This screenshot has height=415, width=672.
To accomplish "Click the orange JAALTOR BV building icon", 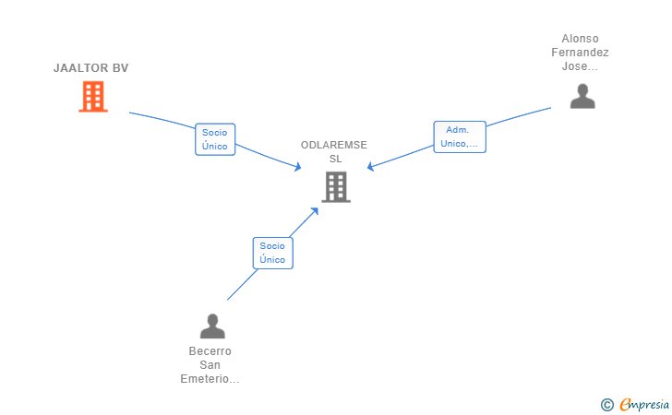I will pyautogui.click(x=92, y=96).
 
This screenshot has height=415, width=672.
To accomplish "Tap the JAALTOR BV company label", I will pyautogui.click(x=90, y=68).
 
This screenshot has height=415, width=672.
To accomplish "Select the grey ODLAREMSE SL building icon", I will pyautogui.click(x=335, y=187).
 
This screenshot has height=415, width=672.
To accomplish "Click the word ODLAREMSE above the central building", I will pyautogui.click(x=334, y=145).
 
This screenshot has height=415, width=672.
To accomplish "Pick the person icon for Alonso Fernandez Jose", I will pyautogui.click(x=582, y=96).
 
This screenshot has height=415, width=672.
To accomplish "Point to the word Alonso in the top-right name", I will pyautogui.click(x=580, y=39).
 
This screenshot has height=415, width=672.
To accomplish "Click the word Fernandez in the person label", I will pyautogui.click(x=580, y=53).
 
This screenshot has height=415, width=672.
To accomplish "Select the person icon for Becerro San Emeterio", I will pyautogui.click(x=212, y=326).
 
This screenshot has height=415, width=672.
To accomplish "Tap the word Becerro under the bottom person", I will pyautogui.click(x=210, y=351).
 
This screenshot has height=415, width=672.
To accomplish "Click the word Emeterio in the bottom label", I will pyautogui.click(x=210, y=379).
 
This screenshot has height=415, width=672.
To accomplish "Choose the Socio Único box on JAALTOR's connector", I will pyautogui.click(x=215, y=139).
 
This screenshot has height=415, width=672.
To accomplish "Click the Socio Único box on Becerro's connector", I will pyautogui.click(x=272, y=253).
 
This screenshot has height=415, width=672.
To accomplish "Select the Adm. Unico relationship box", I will pyautogui.click(x=459, y=136).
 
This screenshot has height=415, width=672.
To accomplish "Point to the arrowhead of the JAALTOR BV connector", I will pyautogui.click(x=298, y=167).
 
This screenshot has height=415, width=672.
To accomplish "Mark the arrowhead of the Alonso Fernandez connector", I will pyautogui.click(x=370, y=167).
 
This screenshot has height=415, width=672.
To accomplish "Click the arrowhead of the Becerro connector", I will pyautogui.click(x=315, y=210).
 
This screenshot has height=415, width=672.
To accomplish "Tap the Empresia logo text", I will pyautogui.click(x=644, y=404).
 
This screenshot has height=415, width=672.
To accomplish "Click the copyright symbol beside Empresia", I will pyautogui.click(x=606, y=404).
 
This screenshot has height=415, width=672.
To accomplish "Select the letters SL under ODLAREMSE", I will pyautogui.click(x=334, y=159).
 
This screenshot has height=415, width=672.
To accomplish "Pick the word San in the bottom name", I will pyautogui.click(x=210, y=365).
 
